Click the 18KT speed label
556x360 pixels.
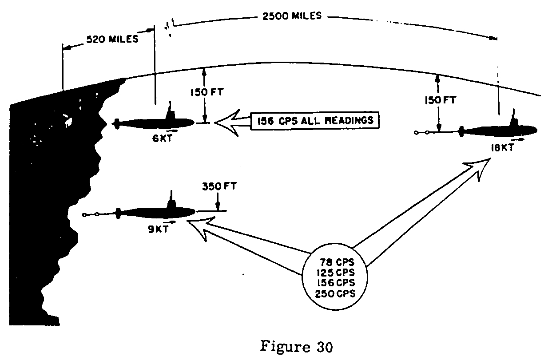point(502,148)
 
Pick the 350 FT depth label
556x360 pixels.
point(219,186)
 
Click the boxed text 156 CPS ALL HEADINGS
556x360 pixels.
point(315,120)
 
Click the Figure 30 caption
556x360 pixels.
point(297,346)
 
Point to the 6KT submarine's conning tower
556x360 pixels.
point(170,112)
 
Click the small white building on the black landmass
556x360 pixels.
point(67,119)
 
